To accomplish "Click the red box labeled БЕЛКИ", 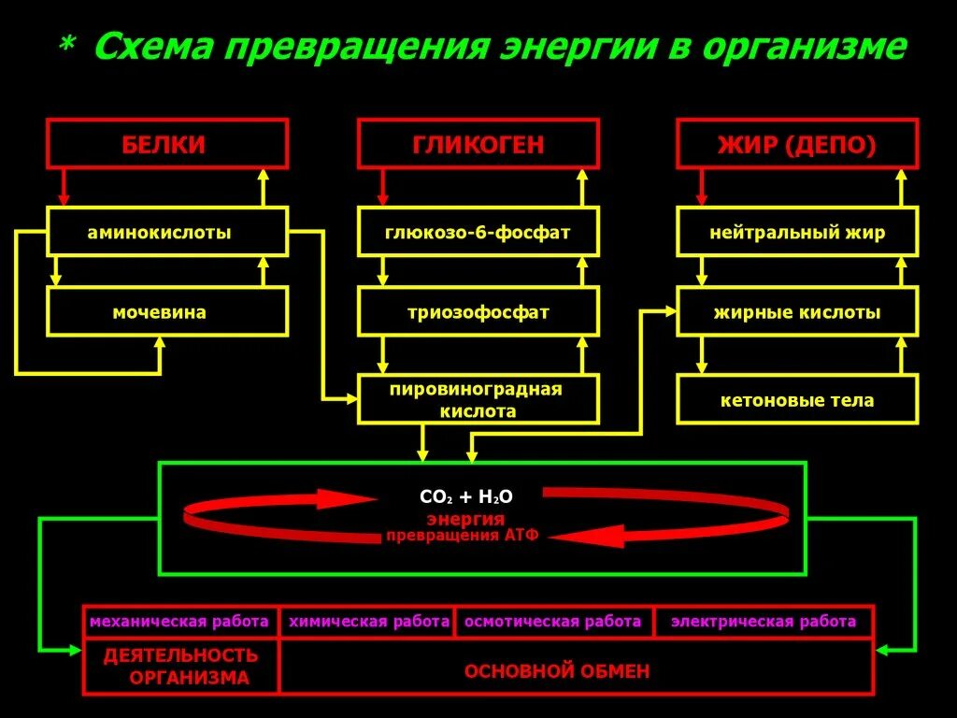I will click(167, 144).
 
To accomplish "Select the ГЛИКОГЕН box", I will click(478, 144).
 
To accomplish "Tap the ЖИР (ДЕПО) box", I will click(797, 144).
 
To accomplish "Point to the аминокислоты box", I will click(167, 232).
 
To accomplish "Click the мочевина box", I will click(167, 311).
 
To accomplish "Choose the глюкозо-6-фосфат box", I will click(478, 232).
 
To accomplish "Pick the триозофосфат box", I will click(478, 311).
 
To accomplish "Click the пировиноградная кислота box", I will click(478, 399).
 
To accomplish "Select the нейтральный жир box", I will click(797, 232).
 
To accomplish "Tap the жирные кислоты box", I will click(797, 311).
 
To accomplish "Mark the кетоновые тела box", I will click(797, 399).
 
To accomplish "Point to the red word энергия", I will click(465, 519).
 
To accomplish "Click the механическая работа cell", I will click(179, 622).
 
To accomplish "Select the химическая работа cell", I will click(368, 622).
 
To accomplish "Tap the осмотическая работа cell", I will click(553, 622).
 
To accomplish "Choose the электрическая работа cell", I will click(764, 622).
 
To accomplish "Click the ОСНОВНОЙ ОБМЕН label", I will click(556, 670).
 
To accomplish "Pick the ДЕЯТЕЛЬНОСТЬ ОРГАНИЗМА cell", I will click(181, 667).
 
